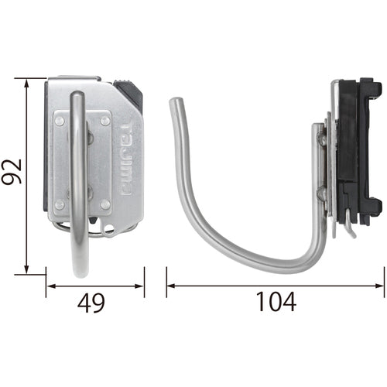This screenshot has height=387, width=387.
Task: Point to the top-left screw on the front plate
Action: coord(60,120)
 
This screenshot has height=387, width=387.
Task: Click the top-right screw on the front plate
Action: coord(104,120)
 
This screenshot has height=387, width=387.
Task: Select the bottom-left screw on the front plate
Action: coord(60,205)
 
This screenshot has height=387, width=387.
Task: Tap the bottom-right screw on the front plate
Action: coord(104,205)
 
